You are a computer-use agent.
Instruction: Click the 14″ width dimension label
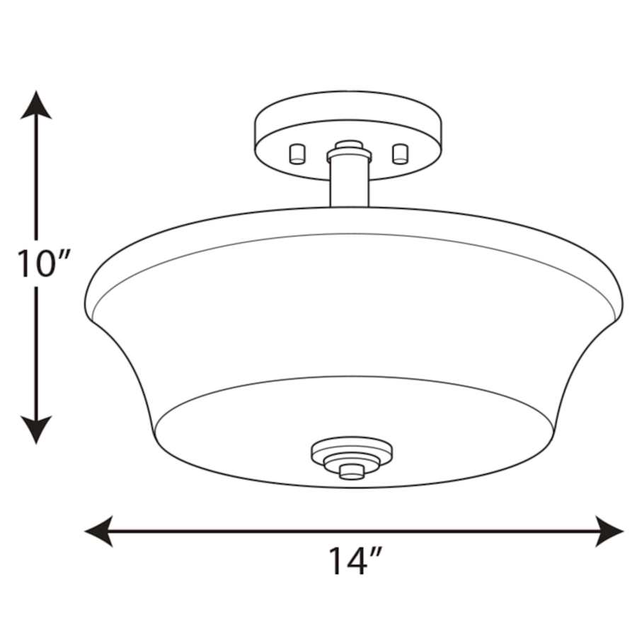pyautogui.click(x=355, y=561)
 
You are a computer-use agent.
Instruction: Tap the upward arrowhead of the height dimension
pyautogui.click(x=35, y=106)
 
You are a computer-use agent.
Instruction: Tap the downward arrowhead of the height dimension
pyautogui.click(x=35, y=429)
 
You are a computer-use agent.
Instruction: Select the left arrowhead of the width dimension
pyautogui.click(x=99, y=530)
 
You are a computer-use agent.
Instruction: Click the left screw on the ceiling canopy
pyautogui.click(x=297, y=153)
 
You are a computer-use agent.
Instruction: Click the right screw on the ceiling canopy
pyautogui.click(x=401, y=153)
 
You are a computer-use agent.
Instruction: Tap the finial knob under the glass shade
pyautogui.click(x=348, y=471)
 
